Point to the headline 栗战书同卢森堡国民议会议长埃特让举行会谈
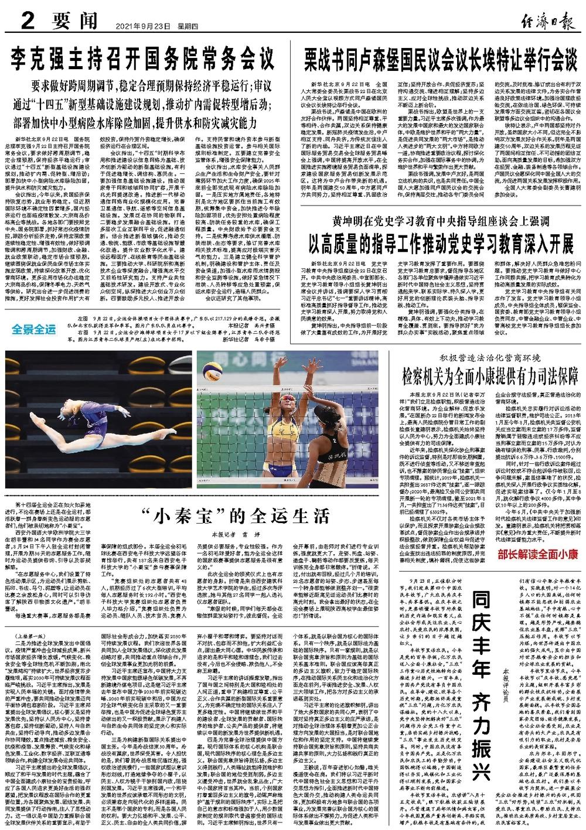tap(441, 58)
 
